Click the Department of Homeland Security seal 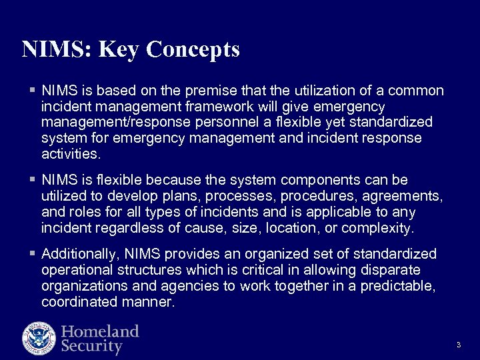tap(39, 338)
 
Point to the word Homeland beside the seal tap(100, 331)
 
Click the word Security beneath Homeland tap(92, 347)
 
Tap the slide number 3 tap(459, 345)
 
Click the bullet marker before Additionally tap(33, 254)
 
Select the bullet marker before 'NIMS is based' tap(33, 91)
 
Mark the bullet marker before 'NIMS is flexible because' tap(33, 181)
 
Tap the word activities tap(70, 154)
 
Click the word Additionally tap(76, 254)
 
